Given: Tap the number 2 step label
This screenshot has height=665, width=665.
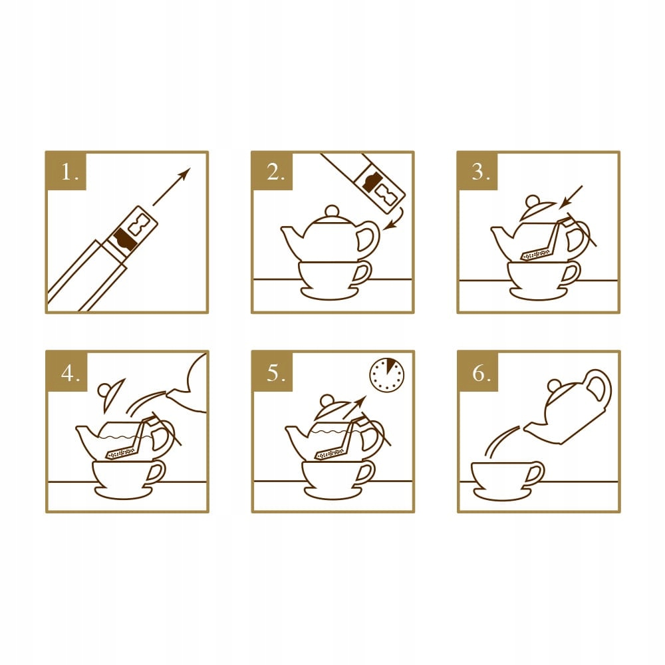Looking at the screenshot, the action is (x=275, y=172).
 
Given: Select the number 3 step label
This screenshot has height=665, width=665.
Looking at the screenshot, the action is (x=481, y=172).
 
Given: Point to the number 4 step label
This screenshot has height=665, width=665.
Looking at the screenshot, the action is (x=70, y=373).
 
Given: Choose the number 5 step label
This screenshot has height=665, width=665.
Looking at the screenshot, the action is (x=276, y=373).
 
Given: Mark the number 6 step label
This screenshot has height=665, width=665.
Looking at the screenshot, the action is (x=481, y=373).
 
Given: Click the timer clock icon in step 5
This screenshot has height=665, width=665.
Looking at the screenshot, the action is (x=387, y=375).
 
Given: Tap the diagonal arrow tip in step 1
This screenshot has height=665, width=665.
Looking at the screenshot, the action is (x=190, y=168).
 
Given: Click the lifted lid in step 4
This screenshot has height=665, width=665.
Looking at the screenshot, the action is (x=111, y=394).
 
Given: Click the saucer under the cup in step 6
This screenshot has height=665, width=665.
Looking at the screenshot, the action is (x=502, y=495).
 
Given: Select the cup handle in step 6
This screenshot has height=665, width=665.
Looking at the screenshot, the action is (x=535, y=472).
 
